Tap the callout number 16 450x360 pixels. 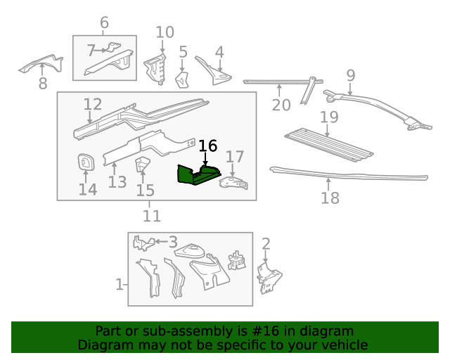208,146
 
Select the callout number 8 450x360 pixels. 43,84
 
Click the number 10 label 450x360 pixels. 165,32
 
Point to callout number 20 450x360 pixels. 281,105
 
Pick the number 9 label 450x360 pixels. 350,75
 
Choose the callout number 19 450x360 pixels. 329,116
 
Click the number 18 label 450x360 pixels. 330,198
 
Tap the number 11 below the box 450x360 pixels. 152,216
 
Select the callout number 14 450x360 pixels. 88,189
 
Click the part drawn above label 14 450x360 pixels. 86,162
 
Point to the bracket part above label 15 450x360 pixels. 143,166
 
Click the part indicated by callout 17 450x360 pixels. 234,182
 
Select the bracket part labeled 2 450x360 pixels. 269,278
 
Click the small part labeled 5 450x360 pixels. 181,79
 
